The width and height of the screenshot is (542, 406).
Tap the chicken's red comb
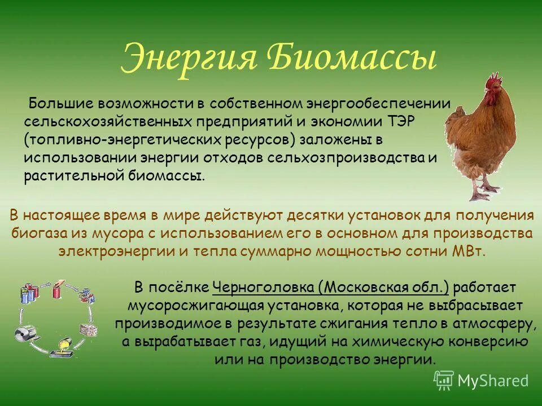[x=495, y=80]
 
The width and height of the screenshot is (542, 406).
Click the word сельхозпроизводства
[x=346, y=158]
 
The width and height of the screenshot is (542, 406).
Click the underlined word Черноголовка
[x=264, y=288]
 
